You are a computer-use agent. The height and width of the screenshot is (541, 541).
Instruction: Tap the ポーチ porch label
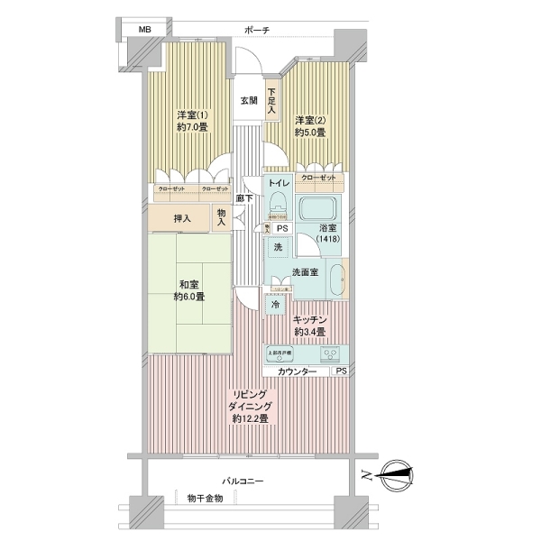pyautogui.click(x=257, y=31)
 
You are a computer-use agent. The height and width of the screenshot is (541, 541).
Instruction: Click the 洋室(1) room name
pyautogui.click(x=191, y=115)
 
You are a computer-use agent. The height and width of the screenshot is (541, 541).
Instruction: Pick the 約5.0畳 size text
pyautogui.click(x=310, y=133)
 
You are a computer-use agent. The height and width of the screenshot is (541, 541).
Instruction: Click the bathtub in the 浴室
pyautogui.click(x=316, y=211)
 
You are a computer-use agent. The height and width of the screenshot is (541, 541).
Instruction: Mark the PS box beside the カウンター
pyautogui.click(x=340, y=371)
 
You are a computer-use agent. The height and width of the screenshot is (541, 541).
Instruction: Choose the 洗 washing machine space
pyautogui.click(x=278, y=247)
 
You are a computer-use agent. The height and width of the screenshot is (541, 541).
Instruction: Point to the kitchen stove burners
pyautogui.click(x=329, y=353)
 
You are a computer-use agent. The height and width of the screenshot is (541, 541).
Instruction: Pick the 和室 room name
pyautogui.click(x=189, y=284)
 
